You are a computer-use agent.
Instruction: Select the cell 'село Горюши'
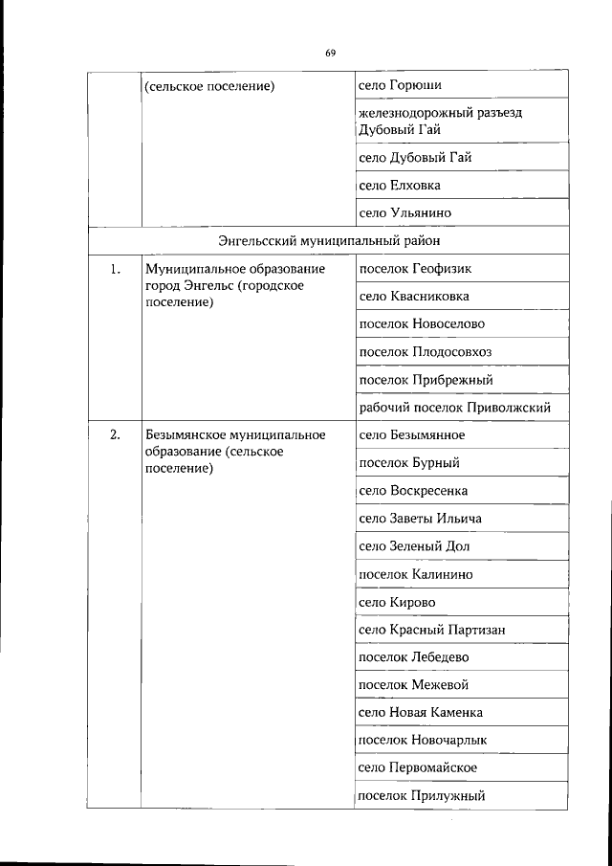pos(400,86)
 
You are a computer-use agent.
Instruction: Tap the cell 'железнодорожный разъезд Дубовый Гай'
pos(441,122)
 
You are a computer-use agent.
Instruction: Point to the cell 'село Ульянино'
pos(404,212)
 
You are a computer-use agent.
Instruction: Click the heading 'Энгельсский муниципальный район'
pos(328,240)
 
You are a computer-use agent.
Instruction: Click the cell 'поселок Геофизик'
pos(415,269)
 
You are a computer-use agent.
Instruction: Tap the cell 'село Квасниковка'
pos(414,297)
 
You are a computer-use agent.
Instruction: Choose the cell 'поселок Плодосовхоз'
pos(425,352)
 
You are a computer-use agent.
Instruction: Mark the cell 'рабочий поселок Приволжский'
pos(454,408)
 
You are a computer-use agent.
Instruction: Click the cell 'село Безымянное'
pos(411,435)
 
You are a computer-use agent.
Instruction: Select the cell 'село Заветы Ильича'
pos(420,519)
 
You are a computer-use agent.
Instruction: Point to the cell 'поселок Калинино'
pos(415,574)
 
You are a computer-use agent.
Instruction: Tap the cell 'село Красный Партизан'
pos(431,630)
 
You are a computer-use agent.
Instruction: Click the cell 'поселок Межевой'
pos(413,685)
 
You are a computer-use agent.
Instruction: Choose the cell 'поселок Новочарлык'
pos(422,741)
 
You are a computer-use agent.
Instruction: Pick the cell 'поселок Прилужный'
pos(422,796)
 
